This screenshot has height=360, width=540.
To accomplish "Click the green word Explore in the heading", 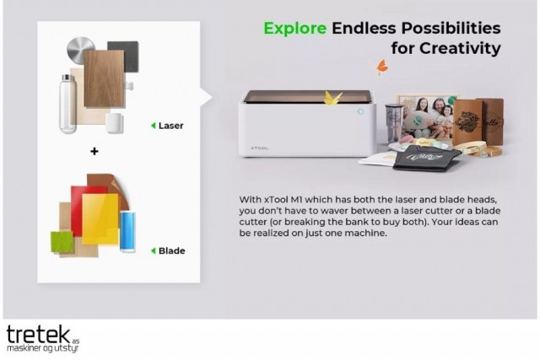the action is (x=294, y=29).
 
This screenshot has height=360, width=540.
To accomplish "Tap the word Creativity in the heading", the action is (x=460, y=48).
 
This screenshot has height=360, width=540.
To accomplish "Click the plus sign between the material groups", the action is (x=94, y=151).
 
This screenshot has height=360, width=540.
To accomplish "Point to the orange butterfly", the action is (x=381, y=67).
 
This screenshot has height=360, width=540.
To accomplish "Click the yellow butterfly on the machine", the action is (x=332, y=98).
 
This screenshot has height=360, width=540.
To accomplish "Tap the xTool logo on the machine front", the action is (x=260, y=148).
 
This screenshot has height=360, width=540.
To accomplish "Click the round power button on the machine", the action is (x=360, y=111).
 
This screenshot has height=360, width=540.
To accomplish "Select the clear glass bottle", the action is (x=67, y=104).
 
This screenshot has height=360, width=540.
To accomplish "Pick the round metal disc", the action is (x=80, y=51).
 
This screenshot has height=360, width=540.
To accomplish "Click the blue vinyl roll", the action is (x=127, y=231).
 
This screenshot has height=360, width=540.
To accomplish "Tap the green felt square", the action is (x=62, y=242).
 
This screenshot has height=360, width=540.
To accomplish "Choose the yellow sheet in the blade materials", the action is (x=100, y=219).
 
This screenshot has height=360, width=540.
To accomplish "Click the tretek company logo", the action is (x=43, y=338).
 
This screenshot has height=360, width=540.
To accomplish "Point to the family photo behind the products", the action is (x=426, y=116).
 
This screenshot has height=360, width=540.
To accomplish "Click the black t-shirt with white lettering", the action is (x=426, y=158).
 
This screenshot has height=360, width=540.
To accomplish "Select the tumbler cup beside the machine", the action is (x=393, y=122).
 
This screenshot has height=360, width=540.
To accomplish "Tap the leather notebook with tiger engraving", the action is (x=467, y=121).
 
